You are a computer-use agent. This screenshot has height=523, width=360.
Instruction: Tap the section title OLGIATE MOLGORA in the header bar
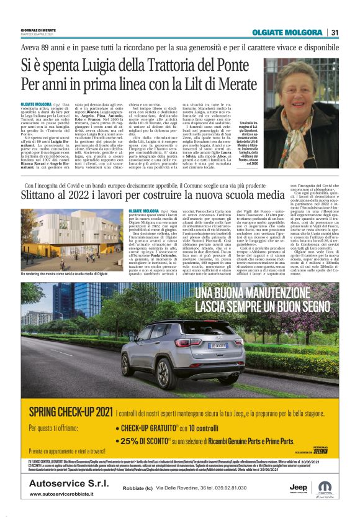coord(286,32)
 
